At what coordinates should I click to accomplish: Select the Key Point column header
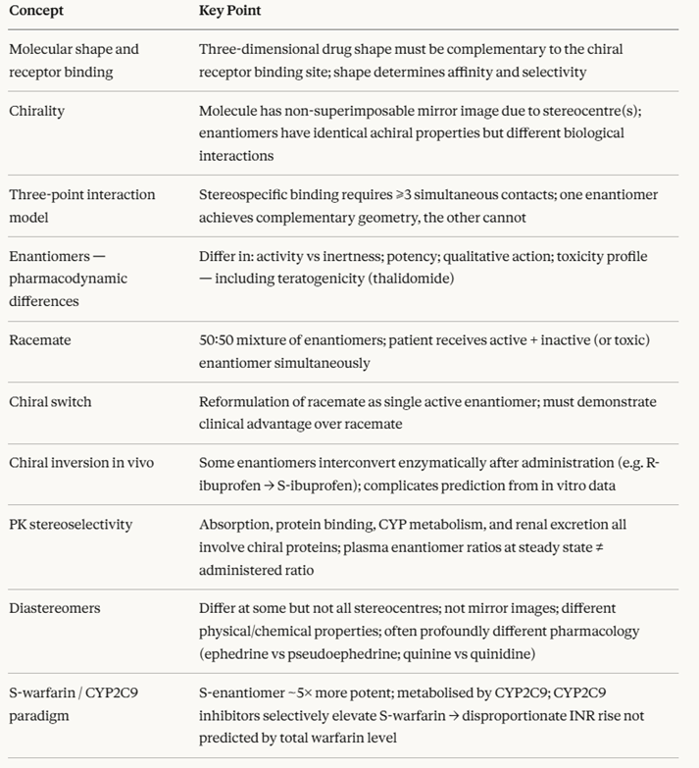[x=229, y=12]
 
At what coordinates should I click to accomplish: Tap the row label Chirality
[x=36, y=111]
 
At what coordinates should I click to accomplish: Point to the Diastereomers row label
[x=54, y=608]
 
